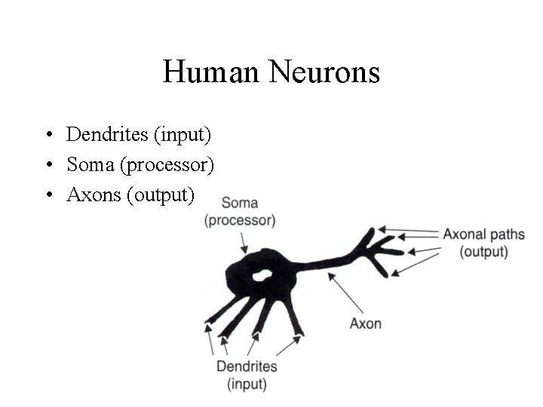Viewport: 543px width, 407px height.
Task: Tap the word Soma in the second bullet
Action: click(85, 164)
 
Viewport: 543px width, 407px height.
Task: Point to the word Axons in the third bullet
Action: click(94, 194)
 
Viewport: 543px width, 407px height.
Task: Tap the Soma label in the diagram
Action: click(240, 202)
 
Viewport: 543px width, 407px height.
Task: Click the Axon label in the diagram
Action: click(366, 323)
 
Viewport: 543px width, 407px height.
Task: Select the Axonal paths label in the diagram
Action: click(483, 234)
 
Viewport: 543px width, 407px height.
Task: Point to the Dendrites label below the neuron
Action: click(247, 367)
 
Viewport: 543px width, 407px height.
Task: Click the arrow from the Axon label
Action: click(344, 294)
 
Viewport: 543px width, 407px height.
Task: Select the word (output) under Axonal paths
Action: click(483, 251)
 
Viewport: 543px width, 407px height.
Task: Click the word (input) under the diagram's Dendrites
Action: click(247, 384)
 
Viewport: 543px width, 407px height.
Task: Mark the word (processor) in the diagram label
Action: click(240, 220)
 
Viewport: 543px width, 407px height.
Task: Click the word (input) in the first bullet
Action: click(183, 134)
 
